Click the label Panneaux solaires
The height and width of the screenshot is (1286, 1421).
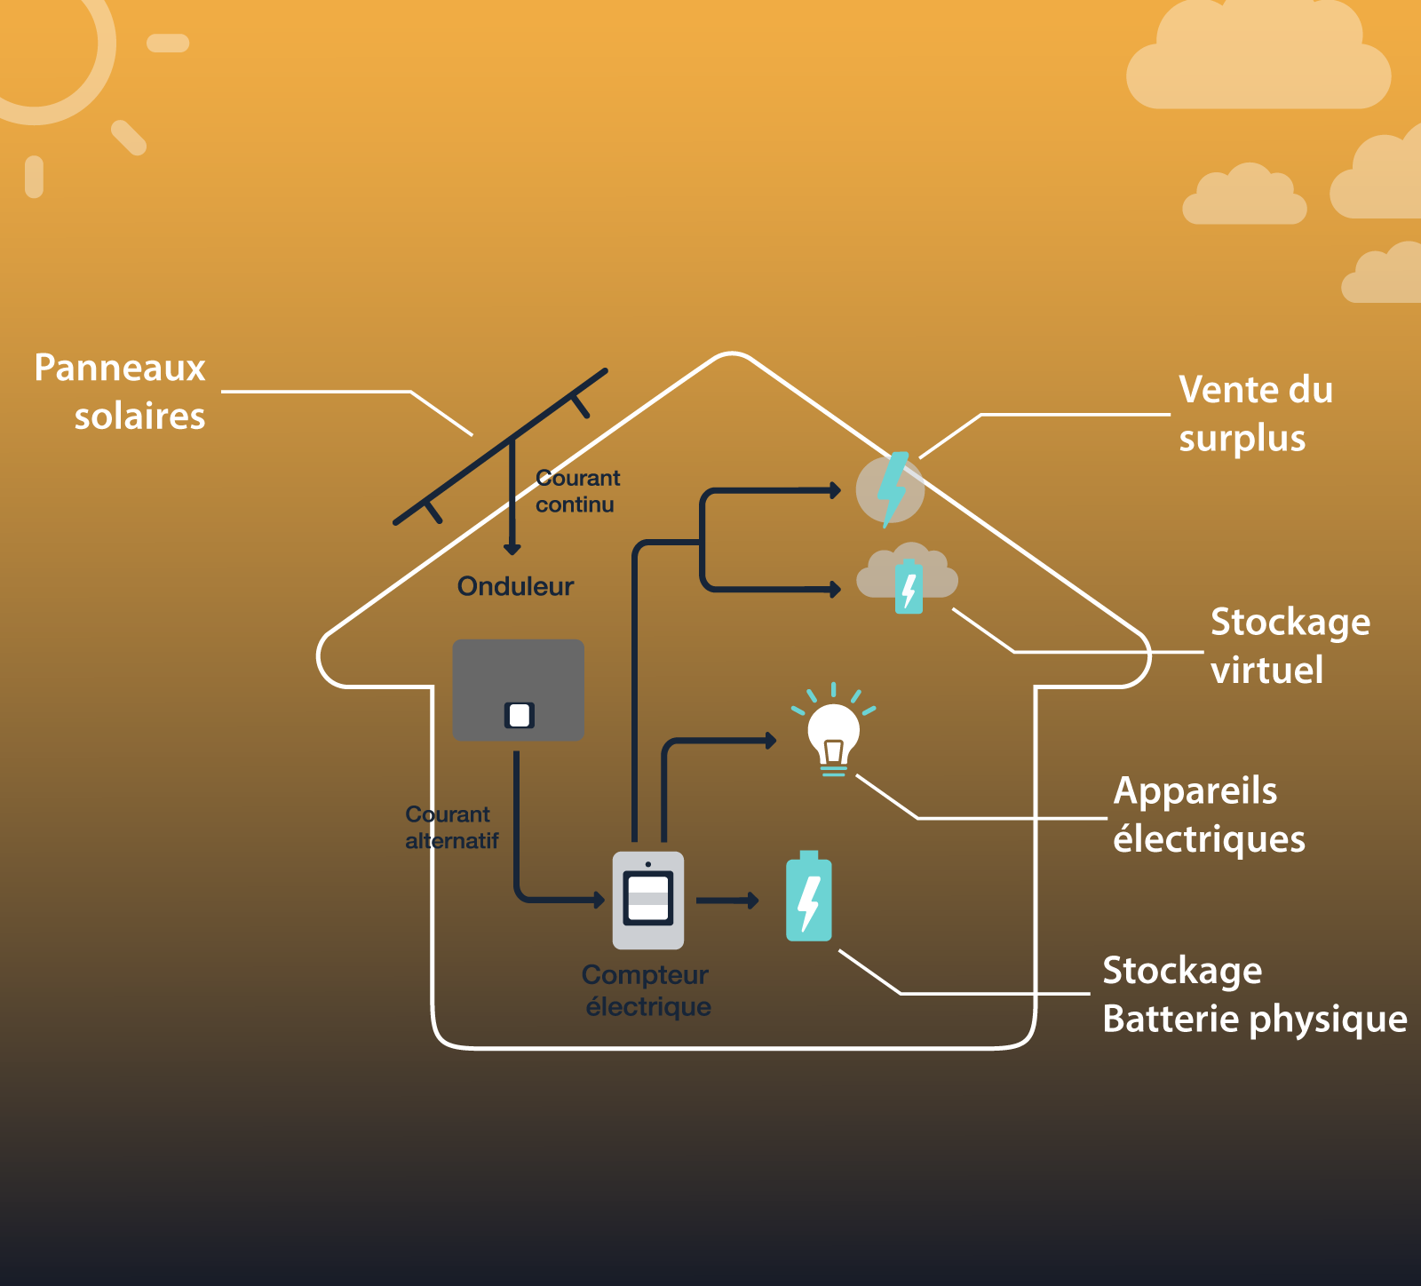(120, 392)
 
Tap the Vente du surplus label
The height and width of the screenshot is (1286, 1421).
(1255, 414)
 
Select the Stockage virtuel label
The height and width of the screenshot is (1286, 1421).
(1290, 646)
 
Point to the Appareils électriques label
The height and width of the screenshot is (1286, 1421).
(1208, 814)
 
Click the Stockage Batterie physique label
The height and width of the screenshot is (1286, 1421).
(1253, 995)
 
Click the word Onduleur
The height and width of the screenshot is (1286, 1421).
(515, 586)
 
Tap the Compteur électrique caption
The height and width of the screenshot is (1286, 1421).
(647, 990)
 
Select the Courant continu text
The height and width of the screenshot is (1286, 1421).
(577, 491)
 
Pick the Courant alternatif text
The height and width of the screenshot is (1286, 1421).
(451, 828)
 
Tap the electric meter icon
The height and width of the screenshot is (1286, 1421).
(648, 900)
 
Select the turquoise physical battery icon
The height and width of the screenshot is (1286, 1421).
(808, 897)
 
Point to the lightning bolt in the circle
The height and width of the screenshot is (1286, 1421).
(891, 488)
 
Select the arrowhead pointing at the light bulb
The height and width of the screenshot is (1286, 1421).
(770, 740)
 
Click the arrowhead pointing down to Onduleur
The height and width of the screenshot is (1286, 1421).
(512, 548)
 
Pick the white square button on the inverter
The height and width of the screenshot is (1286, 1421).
(520, 715)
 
